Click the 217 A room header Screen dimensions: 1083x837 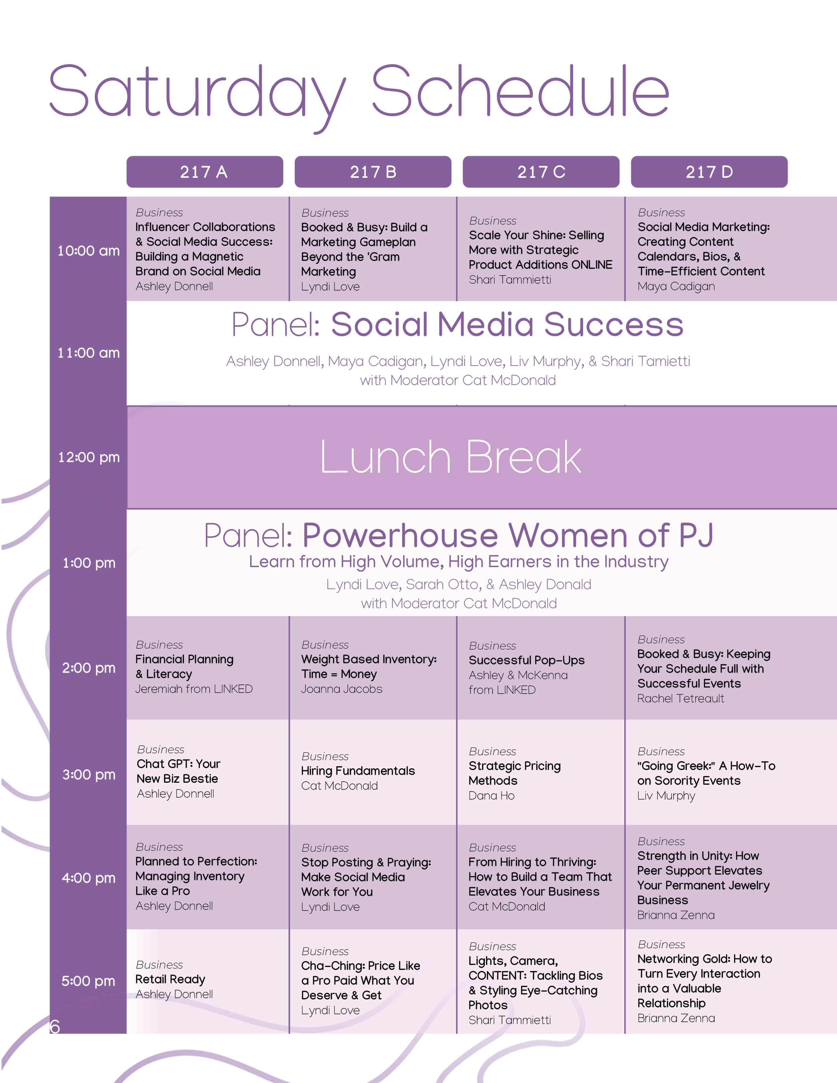[x=204, y=172]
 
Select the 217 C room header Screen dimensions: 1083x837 [x=541, y=172]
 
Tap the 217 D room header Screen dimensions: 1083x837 [x=709, y=172]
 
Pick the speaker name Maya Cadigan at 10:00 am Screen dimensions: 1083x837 [x=676, y=287]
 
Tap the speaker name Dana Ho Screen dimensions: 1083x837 [x=491, y=796]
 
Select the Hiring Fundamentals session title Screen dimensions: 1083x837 [x=358, y=771]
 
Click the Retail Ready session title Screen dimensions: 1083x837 [x=170, y=979]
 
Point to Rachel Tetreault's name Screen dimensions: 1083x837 [x=680, y=699]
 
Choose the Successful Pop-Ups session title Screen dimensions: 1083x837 [x=527, y=661]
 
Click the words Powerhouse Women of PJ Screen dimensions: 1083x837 [x=508, y=536]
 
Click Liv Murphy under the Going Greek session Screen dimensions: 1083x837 [x=666, y=796]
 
